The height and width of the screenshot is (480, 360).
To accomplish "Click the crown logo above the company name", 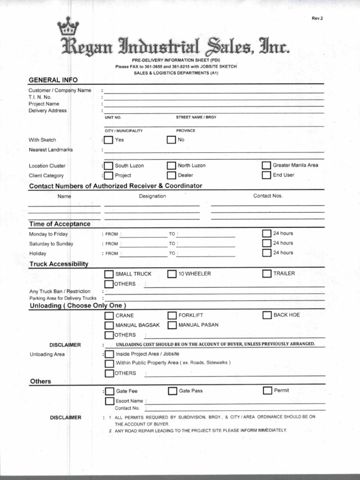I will click(x=67, y=28).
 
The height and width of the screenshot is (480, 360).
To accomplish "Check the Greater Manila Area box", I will click(x=266, y=165).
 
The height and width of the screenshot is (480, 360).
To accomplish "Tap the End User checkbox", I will click(x=266, y=175).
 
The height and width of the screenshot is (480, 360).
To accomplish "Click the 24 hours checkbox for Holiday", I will click(x=267, y=253).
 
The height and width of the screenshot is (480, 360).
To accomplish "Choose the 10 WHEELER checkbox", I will click(x=172, y=274).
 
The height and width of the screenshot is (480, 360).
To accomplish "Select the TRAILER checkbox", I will click(x=267, y=273).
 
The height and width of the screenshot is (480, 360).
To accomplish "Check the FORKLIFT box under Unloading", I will click(x=172, y=315).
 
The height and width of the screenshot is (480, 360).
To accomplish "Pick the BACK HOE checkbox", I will click(x=267, y=315).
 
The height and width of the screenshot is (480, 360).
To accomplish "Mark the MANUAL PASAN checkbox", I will click(x=172, y=325).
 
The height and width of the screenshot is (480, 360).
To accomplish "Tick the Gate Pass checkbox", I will click(x=172, y=391).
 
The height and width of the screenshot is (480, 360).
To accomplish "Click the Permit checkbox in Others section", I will click(x=267, y=390).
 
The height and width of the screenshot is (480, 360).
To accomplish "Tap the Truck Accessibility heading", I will click(x=59, y=264).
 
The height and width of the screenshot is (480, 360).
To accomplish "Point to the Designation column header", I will click(x=152, y=196).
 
